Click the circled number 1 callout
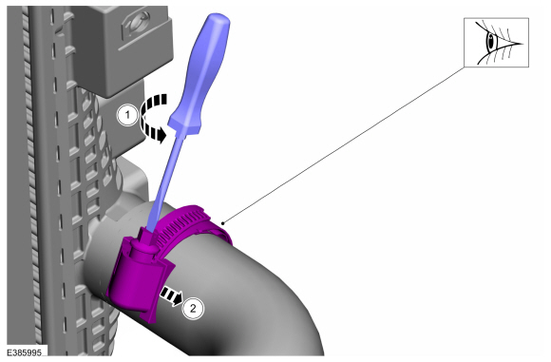click(127, 115)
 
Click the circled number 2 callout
click(193, 309)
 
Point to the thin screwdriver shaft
click(163, 182)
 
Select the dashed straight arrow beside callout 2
click(172, 295)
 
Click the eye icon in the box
click(496, 42)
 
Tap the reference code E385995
click(25, 352)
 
